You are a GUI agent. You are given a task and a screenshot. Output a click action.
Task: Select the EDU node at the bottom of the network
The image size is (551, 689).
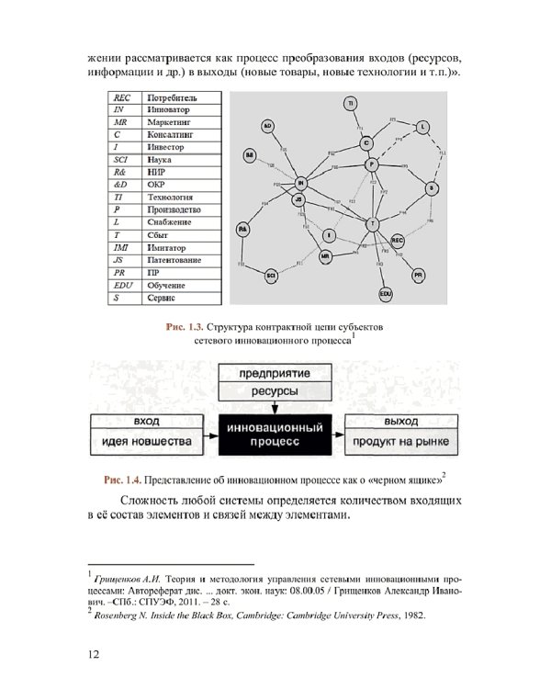pos(386,293)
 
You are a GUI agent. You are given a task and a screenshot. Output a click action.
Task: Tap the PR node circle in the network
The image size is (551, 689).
pos(418,275)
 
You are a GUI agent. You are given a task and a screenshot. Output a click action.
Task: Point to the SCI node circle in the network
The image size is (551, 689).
pos(272,274)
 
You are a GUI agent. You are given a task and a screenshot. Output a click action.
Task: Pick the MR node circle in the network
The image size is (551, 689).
pos(325,256)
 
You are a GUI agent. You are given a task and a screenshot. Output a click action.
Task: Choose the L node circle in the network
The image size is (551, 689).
pos(422,126)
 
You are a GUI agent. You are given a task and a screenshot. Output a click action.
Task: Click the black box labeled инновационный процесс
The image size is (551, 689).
pos(274,435)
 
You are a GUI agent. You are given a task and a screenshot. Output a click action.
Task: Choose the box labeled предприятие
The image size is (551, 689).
pos(273,375)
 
